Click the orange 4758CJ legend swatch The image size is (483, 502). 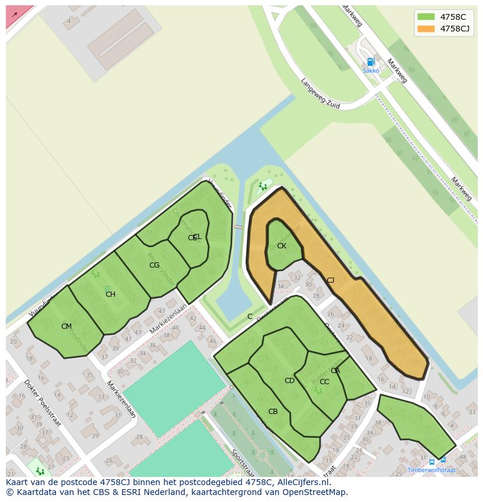[426, 29]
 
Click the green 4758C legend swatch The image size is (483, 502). [426, 16]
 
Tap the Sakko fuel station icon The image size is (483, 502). [370, 62]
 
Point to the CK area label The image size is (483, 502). [282, 246]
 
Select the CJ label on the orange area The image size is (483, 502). [330, 280]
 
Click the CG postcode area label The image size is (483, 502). [154, 265]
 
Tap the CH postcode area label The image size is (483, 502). [110, 294]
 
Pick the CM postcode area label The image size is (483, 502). [66, 327]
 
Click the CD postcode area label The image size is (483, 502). [289, 381]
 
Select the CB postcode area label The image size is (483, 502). [273, 412]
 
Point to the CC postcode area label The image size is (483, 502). [324, 382]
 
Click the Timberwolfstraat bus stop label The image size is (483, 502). [432, 470]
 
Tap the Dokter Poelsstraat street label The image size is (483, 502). [42, 403]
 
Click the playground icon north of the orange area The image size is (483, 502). [262, 187]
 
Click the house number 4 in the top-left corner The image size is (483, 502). [69, 22]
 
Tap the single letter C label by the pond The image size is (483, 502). [250, 317]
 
